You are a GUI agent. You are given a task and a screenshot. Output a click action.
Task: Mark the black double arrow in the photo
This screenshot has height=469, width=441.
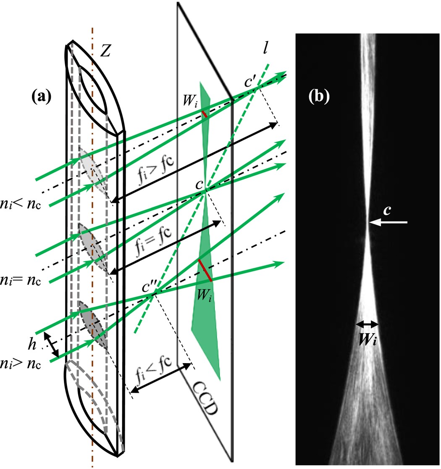[x=367, y=324]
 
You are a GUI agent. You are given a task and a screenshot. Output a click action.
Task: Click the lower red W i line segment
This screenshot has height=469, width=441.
[x=205, y=270]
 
